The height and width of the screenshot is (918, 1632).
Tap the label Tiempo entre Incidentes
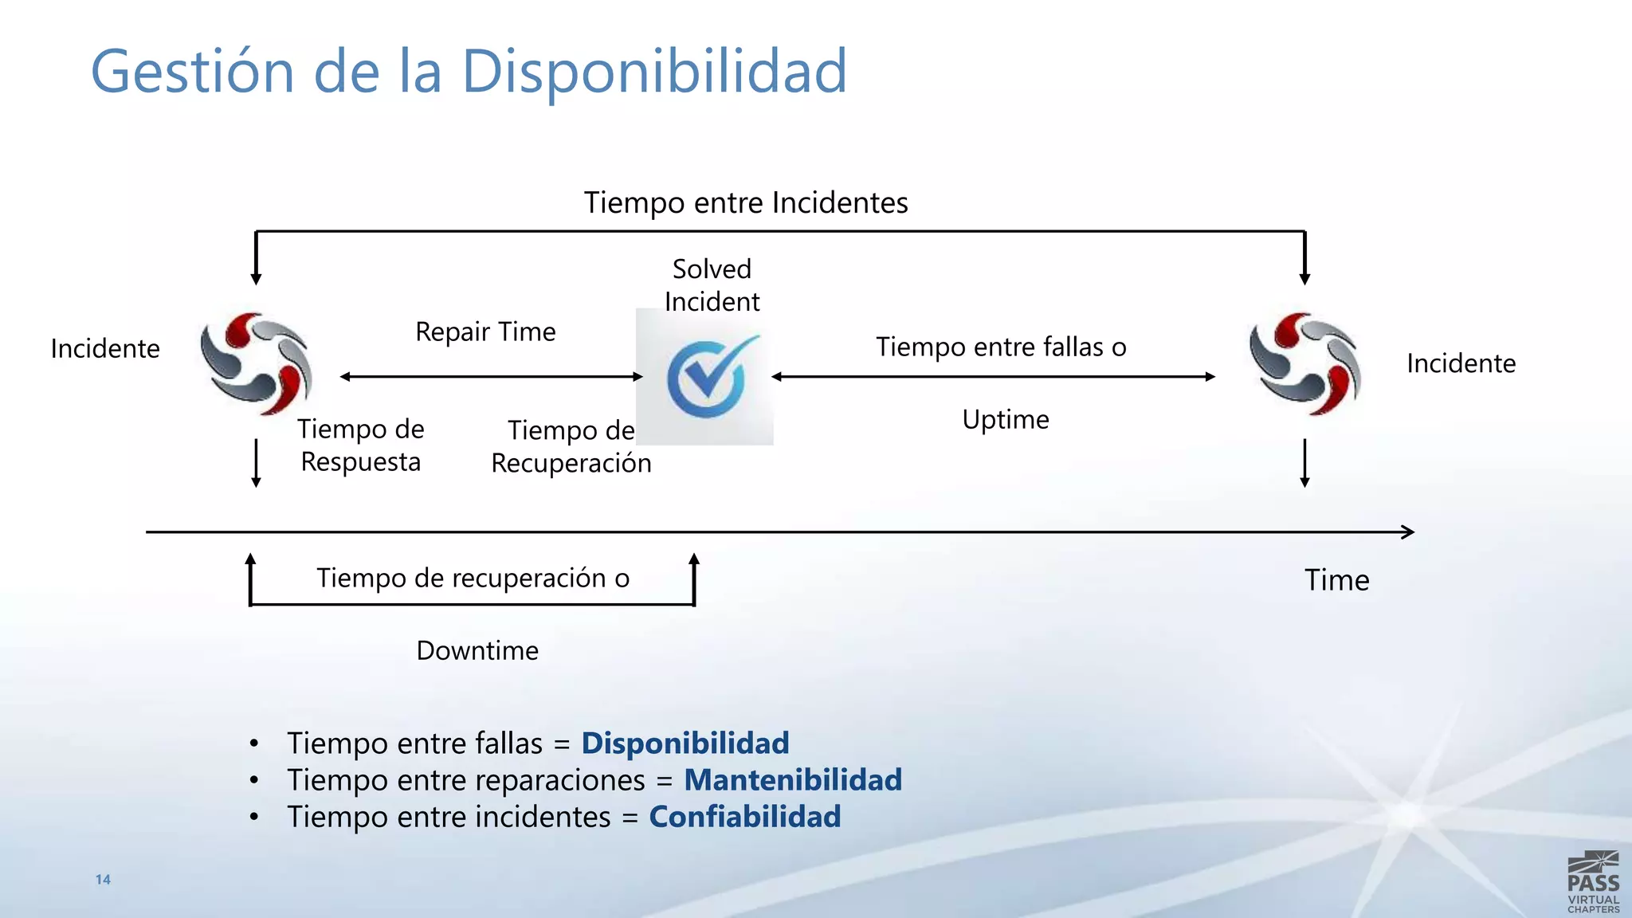[746, 202]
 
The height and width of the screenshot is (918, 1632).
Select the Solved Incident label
[712, 285]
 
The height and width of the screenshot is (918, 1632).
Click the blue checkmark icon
[707, 376]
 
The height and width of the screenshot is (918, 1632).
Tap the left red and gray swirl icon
[256, 363]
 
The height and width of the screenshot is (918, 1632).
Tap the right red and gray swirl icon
[1304, 363]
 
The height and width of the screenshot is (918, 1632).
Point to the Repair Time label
[485, 331]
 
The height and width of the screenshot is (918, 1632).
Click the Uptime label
[1006, 419]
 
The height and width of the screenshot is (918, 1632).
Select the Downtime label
[477, 650]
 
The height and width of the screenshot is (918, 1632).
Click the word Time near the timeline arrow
[1336, 580]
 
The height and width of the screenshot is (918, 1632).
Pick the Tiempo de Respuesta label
[361, 445]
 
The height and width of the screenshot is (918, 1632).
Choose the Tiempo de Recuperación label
[571, 447]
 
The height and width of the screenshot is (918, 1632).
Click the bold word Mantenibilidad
[793, 779]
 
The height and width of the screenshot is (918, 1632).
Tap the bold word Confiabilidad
[745, 816]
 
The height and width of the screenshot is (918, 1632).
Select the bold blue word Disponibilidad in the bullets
[685, 743]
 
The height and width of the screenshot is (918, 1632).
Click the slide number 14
[103, 880]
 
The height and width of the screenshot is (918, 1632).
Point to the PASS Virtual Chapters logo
[1593, 883]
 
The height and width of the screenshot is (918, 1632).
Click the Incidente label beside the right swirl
[1461, 363]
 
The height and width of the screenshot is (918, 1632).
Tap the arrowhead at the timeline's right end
[1408, 532]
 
